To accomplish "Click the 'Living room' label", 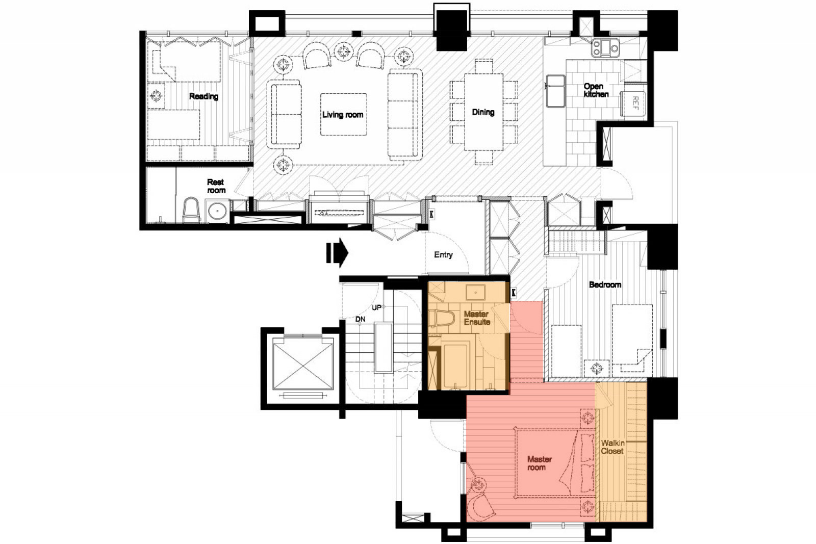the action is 342,115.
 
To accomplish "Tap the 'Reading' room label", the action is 203,96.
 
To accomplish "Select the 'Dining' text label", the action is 483,112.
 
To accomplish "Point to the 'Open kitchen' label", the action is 596,90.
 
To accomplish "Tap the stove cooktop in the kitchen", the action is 605,48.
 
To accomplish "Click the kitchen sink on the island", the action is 555,91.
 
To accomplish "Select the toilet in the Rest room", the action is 191,210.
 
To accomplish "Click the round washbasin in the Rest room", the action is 217,211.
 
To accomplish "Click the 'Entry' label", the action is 443,255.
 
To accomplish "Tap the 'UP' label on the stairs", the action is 376,307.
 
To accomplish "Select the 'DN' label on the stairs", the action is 360,319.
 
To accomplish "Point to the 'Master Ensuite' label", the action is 476,318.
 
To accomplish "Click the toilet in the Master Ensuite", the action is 441,319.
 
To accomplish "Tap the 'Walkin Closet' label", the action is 613,447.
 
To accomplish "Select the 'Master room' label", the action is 539,463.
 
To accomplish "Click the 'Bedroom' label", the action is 605,284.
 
